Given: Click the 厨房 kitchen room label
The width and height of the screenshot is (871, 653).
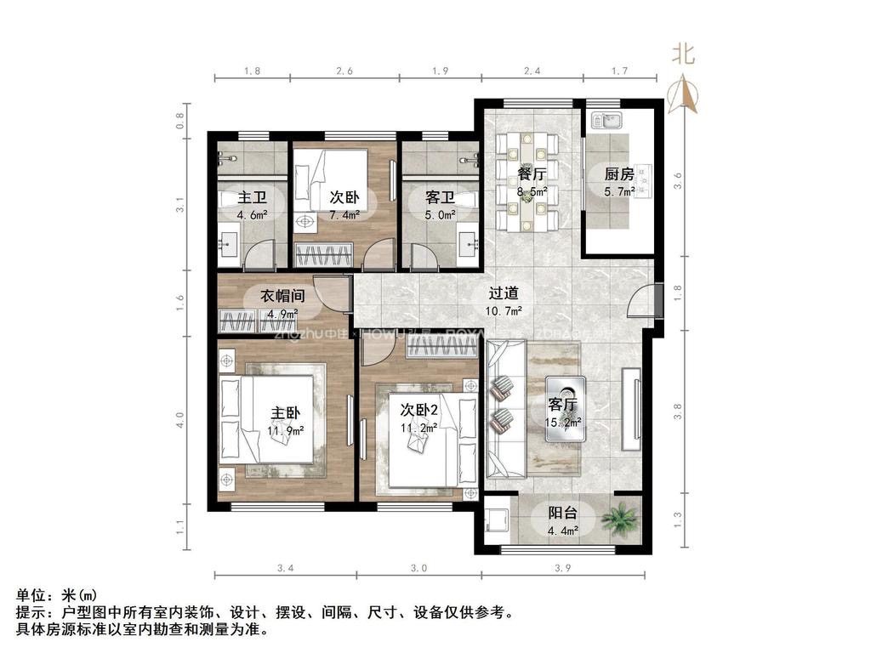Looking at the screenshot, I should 618,174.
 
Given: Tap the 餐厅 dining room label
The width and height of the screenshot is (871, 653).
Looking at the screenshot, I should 532,174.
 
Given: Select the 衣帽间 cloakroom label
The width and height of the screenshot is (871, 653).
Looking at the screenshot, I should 282,296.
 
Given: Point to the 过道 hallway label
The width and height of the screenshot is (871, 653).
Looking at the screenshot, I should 504,292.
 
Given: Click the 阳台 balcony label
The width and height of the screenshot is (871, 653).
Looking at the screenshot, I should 562,513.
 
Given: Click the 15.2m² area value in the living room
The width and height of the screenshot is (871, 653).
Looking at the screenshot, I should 564,422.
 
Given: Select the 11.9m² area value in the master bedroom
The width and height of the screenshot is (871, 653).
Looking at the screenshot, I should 286,430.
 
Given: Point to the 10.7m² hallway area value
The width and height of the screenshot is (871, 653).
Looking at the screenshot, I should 504,311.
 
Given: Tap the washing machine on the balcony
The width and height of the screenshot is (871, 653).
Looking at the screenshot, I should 497,520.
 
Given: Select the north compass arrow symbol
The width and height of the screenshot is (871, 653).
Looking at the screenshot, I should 685,94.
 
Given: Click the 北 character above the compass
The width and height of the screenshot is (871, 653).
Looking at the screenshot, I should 684,55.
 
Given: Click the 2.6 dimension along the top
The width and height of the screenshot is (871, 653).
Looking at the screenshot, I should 344,71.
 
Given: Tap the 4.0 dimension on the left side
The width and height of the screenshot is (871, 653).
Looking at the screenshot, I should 180,420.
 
